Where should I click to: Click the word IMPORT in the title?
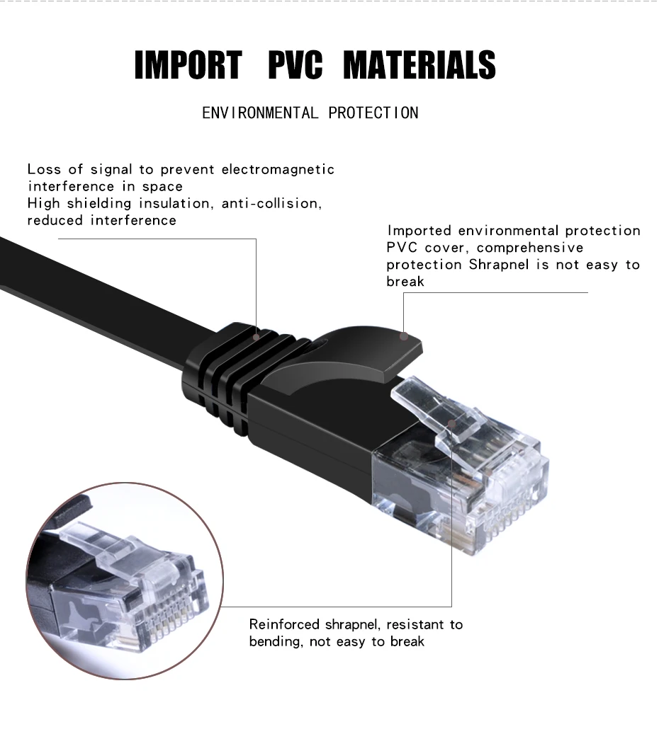coord(188,64)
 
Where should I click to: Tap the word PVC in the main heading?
coord(295,64)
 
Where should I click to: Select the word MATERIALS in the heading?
coord(419,64)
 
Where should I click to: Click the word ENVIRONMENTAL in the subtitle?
coord(260,113)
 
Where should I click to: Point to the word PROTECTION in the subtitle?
coord(373,113)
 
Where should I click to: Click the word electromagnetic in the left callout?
coord(278,169)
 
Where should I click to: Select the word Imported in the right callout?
coord(419,231)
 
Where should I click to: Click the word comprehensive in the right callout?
coord(529,248)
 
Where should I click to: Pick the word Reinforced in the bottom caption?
coord(285,624)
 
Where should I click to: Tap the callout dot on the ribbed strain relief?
coord(257,337)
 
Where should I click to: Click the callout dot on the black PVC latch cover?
coord(404,336)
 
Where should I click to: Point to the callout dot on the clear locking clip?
coord(452,424)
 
